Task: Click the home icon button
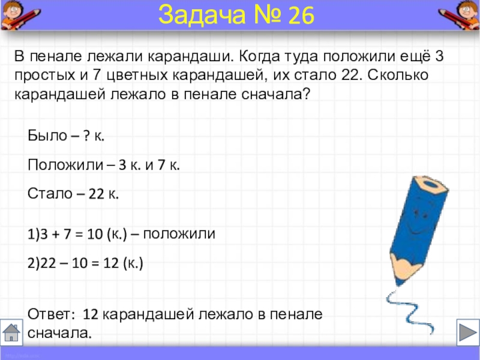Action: (11, 332)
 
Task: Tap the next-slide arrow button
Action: (468, 332)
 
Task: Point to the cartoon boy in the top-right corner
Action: (460, 14)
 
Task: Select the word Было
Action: (47, 136)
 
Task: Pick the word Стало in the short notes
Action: (50, 193)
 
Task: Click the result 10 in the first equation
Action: (95, 234)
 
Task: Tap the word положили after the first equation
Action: (179, 234)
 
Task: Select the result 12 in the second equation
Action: (111, 263)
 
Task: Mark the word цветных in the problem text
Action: (137, 76)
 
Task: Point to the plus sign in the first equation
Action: (56, 235)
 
